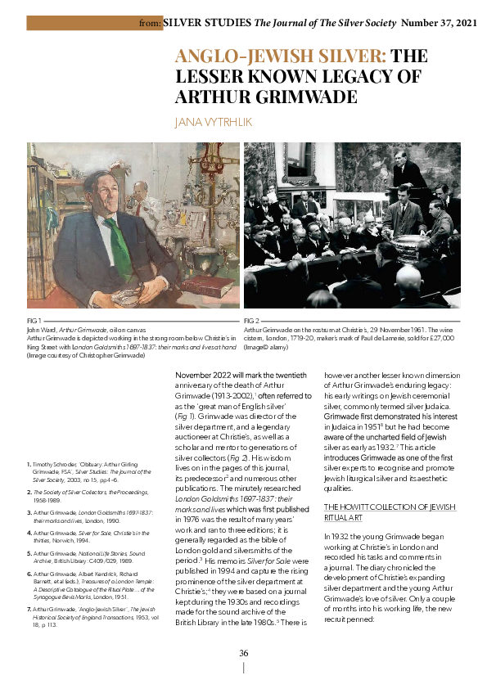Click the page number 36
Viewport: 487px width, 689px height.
pyautogui.click(x=243, y=652)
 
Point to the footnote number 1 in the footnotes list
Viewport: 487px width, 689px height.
pyautogui.click(x=29, y=464)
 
